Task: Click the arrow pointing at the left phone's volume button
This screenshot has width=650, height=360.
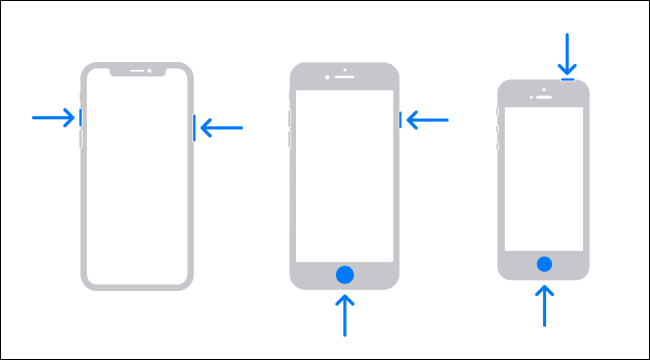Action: tap(53, 117)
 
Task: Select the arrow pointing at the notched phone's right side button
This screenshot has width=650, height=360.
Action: tap(221, 127)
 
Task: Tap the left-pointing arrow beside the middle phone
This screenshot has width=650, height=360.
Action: tap(427, 120)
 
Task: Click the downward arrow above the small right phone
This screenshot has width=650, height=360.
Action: tap(568, 52)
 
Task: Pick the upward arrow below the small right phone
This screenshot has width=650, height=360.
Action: tap(544, 305)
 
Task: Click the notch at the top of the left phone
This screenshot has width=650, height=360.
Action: tap(137, 72)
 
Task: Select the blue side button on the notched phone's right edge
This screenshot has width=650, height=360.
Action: tap(194, 128)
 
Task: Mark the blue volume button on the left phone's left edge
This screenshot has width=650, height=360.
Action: tap(81, 117)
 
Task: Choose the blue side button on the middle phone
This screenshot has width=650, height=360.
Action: tap(400, 120)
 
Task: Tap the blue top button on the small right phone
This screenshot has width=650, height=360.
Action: tap(568, 77)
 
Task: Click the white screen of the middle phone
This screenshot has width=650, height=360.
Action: tap(345, 175)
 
